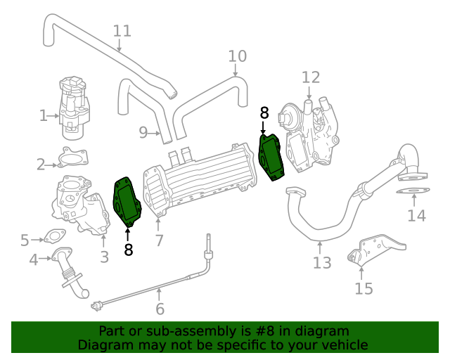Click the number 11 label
(x=122, y=31)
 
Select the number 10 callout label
(x=238, y=56)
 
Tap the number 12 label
(x=310, y=77)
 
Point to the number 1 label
(x=44, y=115)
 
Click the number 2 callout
(x=41, y=165)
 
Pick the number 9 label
(x=143, y=132)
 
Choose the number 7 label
(x=160, y=240)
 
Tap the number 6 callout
(x=160, y=309)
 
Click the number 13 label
(x=321, y=263)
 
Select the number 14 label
(x=417, y=216)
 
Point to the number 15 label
(x=364, y=288)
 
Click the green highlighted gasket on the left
(x=128, y=202)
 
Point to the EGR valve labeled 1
(x=72, y=105)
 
